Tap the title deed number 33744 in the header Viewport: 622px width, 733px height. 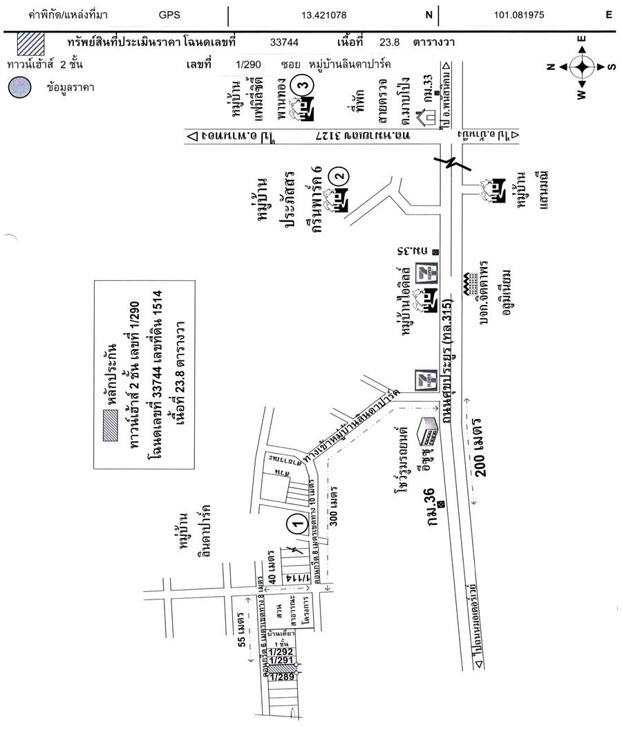pyautogui.click(x=284, y=42)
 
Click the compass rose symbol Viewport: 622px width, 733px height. pyautogui.click(x=581, y=66)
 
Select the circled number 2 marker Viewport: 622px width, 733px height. pyautogui.click(x=338, y=175)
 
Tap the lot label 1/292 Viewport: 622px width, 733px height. pyautogui.click(x=281, y=651)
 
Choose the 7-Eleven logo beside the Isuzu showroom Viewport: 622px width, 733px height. pyautogui.click(x=422, y=382)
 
